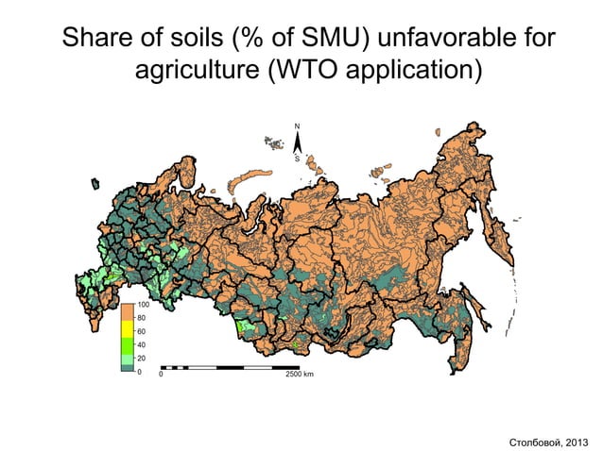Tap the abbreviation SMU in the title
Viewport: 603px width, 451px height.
point(338,42)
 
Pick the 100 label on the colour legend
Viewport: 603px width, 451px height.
point(144,306)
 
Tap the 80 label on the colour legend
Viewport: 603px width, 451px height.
point(142,319)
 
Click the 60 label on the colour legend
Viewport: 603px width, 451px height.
point(142,332)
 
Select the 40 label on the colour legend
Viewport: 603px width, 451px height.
point(142,345)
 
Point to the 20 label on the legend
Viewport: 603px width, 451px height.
point(142,359)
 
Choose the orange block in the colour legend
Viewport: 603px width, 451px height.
point(127,311)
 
